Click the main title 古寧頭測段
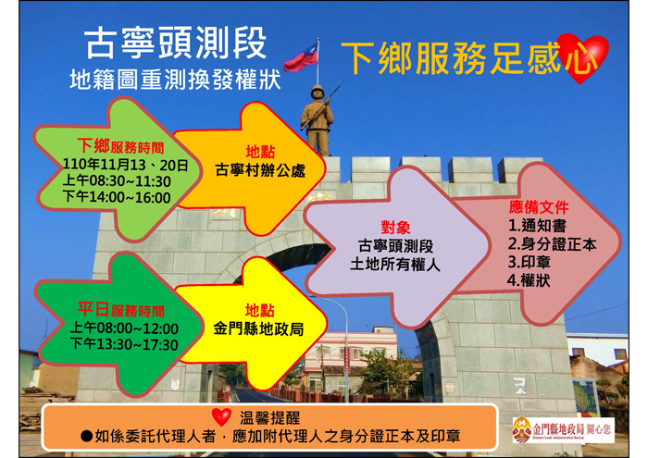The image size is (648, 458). [x=176, y=43]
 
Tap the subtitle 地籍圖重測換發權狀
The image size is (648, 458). [x=175, y=80]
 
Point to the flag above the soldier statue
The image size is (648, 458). [x=301, y=58]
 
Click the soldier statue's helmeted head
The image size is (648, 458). [x=318, y=92]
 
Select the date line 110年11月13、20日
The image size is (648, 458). [x=126, y=166]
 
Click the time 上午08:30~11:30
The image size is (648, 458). [x=117, y=181]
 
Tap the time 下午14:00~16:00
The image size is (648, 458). [x=117, y=197]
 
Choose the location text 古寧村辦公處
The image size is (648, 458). [x=260, y=170]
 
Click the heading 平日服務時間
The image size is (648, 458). [x=121, y=310]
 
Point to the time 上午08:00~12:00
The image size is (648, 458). [x=124, y=328]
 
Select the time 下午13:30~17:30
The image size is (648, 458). [x=124, y=344]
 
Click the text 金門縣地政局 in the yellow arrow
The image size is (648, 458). [x=258, y=329]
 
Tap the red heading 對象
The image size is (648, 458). [x=395, y=228]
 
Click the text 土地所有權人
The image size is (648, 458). [x=395, y=265]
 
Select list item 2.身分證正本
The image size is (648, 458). [x=552, y=244]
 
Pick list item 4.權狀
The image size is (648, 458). [x=529, y=281]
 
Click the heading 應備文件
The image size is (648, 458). [x=539, y=207]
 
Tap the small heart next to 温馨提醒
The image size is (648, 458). [x=221, y=416]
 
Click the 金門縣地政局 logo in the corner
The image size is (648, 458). [x=563, y=430]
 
